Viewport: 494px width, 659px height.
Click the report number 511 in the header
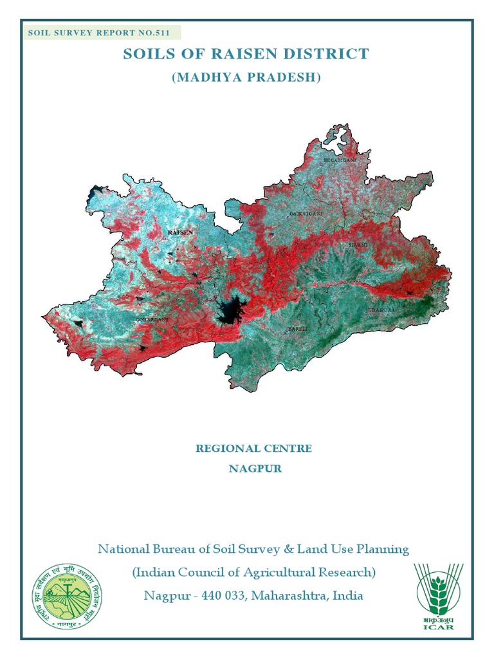tap(161, 33)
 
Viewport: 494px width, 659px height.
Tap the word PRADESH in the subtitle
tap(285, 77)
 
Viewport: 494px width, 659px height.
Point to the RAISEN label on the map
tap(179, 232)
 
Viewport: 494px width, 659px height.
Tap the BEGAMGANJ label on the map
tap(339, 159)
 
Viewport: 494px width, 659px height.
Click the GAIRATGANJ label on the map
tap(306, 212)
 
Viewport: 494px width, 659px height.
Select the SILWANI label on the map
tap(358, 245)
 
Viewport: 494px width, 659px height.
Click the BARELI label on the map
tap(297, 328)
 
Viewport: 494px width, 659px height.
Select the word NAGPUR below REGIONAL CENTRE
tap(255, 469)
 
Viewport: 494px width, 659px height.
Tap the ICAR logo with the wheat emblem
tap(437, 596)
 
